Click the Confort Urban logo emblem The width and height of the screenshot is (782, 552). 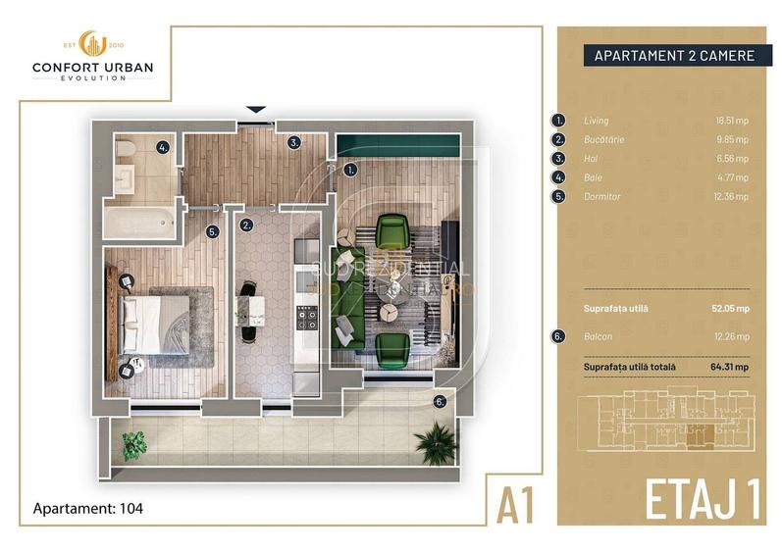coord(92,45)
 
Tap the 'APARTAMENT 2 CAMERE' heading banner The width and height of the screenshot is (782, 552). coord(674,56)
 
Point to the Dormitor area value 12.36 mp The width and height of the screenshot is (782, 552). coord(731,196)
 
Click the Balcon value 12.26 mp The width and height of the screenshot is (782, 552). coord(731,336)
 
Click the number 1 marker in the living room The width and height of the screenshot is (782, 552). coord(350,169)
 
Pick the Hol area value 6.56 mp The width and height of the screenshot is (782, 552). coord(732,158)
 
